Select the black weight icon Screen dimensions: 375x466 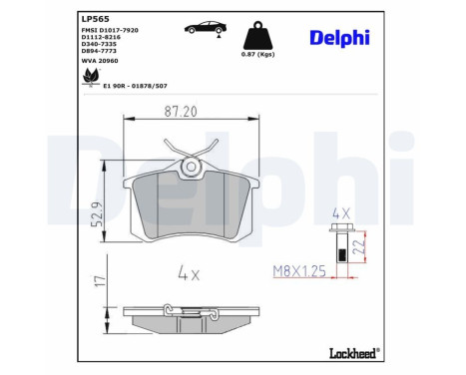[x=257, y=35]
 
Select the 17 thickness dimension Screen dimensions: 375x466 [x=97, y=283]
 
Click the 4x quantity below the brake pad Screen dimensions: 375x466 [x=190, y=270]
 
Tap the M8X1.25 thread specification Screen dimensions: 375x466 [x=299, y=270]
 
